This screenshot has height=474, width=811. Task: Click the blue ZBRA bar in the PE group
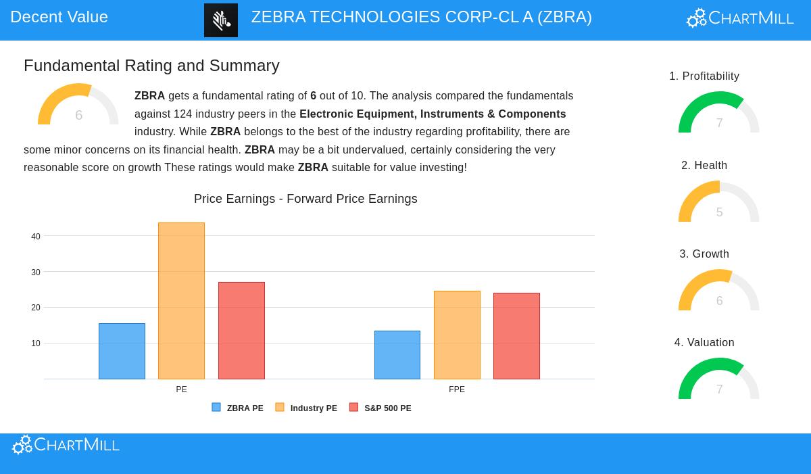(x=122, y=351)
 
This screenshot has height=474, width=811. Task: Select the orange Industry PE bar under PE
(x=181, y=301)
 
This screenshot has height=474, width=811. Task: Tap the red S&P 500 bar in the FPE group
(x=516, y=336)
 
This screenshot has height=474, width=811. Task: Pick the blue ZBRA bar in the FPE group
(x=397, y=355)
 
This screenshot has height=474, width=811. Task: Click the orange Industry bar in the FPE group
(x=457, y=335)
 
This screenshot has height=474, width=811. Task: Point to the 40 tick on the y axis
(x=36, y=237)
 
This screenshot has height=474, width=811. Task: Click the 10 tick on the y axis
(x=36, y=343)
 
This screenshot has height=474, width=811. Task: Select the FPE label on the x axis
(x=457, y=389)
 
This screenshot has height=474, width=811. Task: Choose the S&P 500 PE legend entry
(x=380, y=408)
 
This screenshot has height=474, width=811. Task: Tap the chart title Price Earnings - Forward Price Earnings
(x=305, y=199)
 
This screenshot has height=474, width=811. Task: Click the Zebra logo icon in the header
(x=221, y=20)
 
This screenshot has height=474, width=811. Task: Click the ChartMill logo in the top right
(x=740, y=18)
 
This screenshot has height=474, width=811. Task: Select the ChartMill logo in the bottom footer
(x=66, y=445)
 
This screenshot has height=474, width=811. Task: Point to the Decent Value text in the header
(x=59, y=17)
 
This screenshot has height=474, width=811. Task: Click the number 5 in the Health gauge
(x=719, y=212)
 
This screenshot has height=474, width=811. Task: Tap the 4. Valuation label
(x=704, y=343)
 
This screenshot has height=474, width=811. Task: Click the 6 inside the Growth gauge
(x=719, y=301)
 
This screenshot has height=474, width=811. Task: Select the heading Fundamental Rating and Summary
(x=151, y=66)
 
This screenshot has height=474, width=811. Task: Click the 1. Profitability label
(x=704, y=76)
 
